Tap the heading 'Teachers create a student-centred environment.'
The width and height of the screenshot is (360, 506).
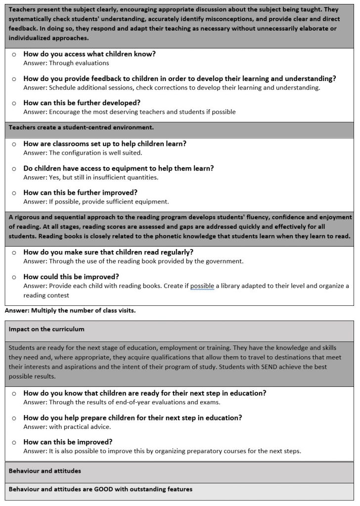81,127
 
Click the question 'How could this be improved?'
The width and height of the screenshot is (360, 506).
71,276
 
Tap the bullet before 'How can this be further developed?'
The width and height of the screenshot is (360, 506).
14,103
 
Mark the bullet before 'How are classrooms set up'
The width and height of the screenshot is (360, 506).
14,144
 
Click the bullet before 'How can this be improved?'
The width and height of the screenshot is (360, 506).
14,442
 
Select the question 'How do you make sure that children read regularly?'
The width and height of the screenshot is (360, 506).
101,252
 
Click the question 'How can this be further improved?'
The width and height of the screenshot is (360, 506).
81,192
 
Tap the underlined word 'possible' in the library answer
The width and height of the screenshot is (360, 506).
202,286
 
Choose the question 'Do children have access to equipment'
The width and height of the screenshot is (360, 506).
119,168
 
